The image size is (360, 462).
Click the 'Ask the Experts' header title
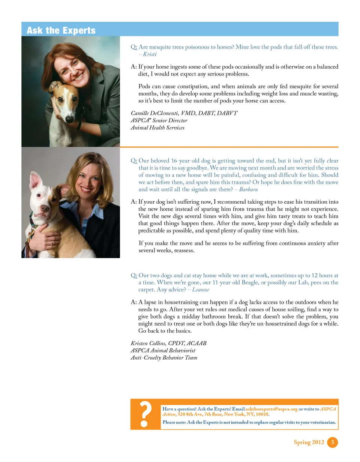tap(61, 30)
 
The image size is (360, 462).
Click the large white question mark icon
tap(145, 414)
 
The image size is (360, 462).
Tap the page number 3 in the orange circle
tap(332, 442)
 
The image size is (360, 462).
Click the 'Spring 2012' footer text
tap(309, 442)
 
